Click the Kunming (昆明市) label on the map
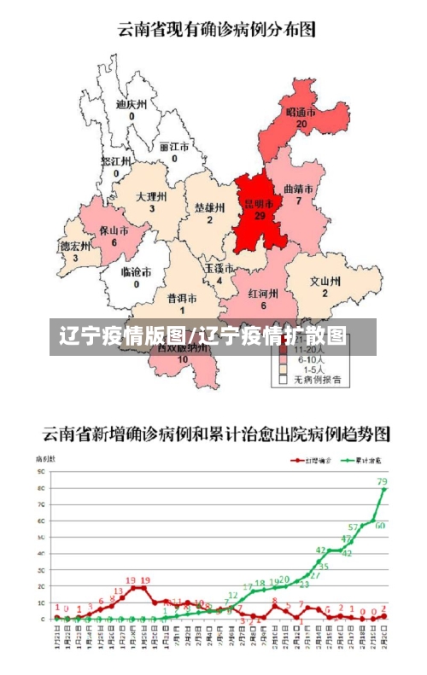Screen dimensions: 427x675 coord(259,204)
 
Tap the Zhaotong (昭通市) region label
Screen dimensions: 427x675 coord(301,112)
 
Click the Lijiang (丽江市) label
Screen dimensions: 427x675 coord(174,146)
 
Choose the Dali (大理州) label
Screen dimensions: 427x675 coord(151,196)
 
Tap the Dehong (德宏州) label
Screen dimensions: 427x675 coord(75,246)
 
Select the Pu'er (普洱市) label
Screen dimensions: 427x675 coord(182,299)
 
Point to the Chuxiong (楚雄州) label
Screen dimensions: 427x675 coord(209,207)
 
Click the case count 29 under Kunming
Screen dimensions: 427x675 coord(259,216)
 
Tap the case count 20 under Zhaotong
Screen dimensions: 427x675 coord(301,124)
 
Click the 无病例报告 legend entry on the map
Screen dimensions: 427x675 coord(317,380)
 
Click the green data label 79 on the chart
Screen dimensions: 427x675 coord(382,482)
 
